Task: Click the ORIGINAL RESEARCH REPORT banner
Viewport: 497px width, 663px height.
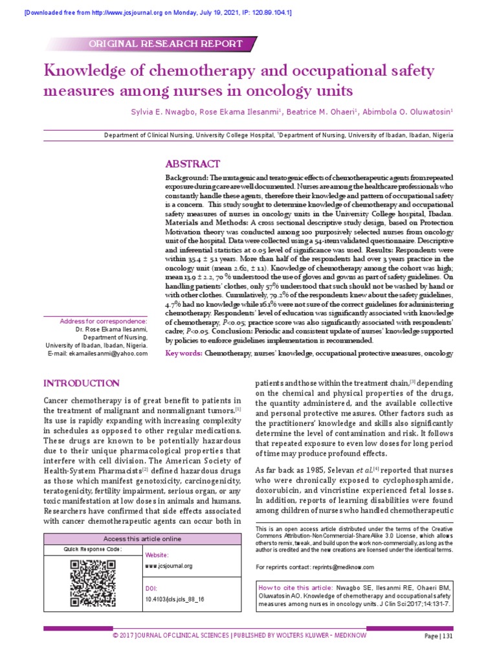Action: point(168,44)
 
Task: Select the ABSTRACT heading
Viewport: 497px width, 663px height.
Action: point(192,164)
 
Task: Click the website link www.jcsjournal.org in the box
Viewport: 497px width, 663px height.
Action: point(169,566)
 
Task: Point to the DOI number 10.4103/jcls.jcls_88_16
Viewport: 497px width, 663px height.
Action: point(175,600)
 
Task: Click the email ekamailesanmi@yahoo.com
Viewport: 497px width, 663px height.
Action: point(98,354)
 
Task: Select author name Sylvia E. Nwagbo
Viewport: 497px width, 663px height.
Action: point(172,111)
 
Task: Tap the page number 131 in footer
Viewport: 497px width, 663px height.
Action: point(447,637)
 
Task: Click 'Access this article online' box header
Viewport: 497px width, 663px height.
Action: point(143,539)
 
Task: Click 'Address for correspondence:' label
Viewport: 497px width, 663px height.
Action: point(104,321)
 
